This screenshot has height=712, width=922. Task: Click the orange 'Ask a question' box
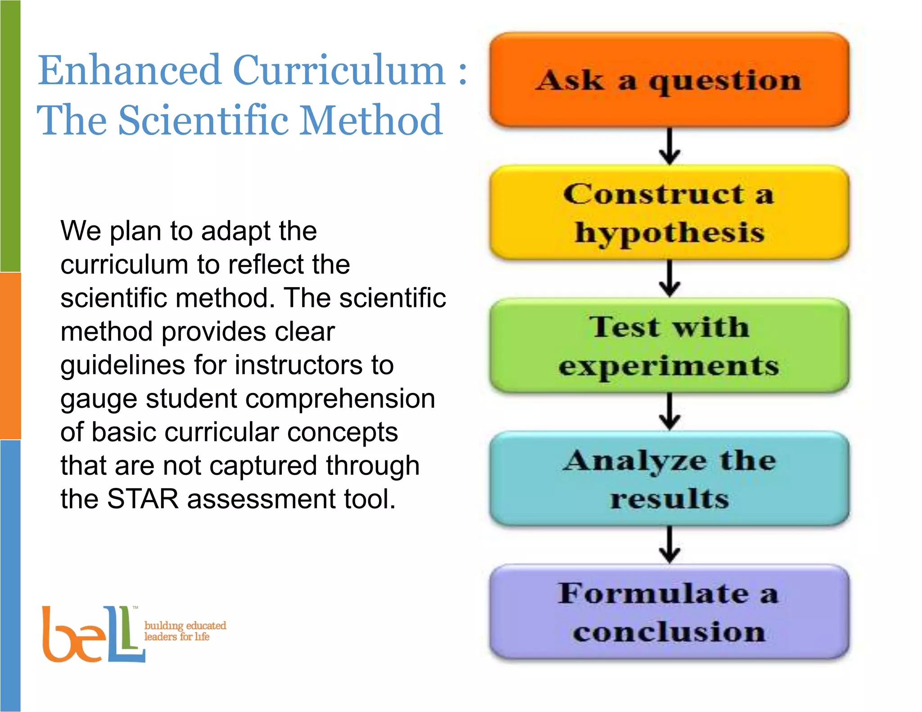click(669, 80)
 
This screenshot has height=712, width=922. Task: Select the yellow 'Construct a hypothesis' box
click(669, 212)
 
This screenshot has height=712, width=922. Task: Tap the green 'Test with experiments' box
click(669, 346)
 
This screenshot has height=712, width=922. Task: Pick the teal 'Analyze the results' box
click(669, 479)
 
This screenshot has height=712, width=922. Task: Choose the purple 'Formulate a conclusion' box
click(669, 612)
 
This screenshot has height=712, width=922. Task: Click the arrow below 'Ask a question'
click(669, 146)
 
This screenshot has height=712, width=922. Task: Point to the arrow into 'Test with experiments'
click(669, 279)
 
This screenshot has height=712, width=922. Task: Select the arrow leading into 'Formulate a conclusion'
click(669, 545)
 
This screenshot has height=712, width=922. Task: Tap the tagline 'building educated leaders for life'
click(185, 631)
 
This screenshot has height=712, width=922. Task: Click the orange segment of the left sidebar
click(10, 356)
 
